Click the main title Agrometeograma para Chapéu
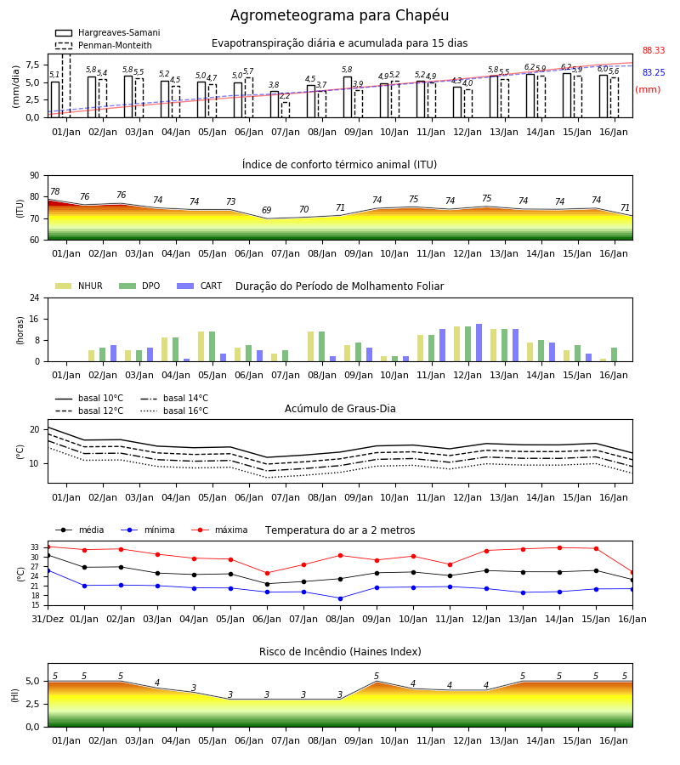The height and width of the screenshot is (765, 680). pyautogui.click(x=339, y=15)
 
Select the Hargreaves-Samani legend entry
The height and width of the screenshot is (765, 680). pyautogui.click(x=107, y=32)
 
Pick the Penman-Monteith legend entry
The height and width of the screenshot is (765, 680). pyautogui.click(x=104, y=45)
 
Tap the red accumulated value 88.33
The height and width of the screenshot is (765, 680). pyautogui.click(x=654, y=50)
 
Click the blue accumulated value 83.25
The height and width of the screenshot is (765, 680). pyautogui.click(x=654, y=72)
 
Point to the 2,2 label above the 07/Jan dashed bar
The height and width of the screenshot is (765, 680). pyautogui.click(x=285, y=96)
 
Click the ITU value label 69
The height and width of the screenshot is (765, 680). pyautogui.click(x=266, y=210)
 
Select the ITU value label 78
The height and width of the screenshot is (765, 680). pyautogui.click(x=55, y=192)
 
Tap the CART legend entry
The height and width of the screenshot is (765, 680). pyautogui.click(x=200, y=286)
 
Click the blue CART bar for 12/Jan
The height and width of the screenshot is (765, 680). pyautogui.click(x=479, y=343)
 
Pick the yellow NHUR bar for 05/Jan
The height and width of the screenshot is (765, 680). pyautogui.click(x=201, y=347)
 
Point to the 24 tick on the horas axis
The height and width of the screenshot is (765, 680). pyautogui.click(x=35, y=297)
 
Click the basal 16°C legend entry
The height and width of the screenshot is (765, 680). pyautogui.click(x=174, y=411)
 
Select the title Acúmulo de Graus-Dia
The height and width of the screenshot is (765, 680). pyautogui.click(x=340, y=409)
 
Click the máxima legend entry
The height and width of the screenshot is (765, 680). pyautogui.click(x=220, y=530)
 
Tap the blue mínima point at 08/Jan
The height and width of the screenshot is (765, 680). pyautogui.click(x=341, y=598)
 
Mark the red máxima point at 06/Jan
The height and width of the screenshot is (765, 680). pyautogui.click(x=267, y=573)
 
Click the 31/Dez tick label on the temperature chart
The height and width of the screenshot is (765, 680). pyautogui.click(x=48, y=619)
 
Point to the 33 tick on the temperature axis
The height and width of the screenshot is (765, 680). pyautogui.click(x=35, y=547)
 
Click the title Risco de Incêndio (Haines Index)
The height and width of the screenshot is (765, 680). pyautogui.click(x=340, y=652)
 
